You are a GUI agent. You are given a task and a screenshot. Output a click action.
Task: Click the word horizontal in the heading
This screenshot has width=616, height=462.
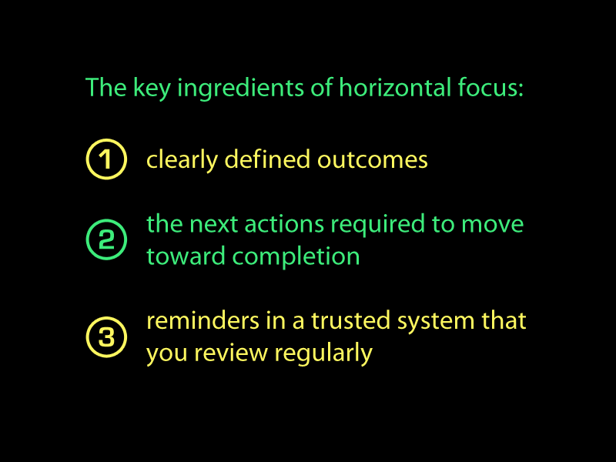pyautogui.click(x=395, y=87)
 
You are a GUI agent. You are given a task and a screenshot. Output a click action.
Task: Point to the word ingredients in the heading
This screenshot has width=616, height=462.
pyautogui.click(x=240, y=89)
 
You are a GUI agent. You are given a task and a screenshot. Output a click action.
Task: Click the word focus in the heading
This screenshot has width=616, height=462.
pyautogui.click(x=488, y=87)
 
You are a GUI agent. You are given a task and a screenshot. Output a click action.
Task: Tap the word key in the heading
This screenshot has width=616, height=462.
pyautogui.click(x=152, y=89)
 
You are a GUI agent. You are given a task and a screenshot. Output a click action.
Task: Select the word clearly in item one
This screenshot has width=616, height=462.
pyautogui.click(x=182, y=161)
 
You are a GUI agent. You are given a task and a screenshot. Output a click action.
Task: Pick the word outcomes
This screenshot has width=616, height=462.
pyautogui.click(x=373, y=160)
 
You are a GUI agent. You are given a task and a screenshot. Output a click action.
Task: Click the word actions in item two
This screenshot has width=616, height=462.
pyautogui.click(x=284, y=225)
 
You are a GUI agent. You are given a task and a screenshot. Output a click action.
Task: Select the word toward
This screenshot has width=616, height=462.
pyautogui.click(x=186, y=256)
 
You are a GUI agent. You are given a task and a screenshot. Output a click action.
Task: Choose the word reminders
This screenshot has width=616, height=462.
pyautogui.click(x=203, y=320)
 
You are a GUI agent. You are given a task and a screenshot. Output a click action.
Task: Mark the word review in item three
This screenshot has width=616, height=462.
pyautogui.click(x=231, y=353)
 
